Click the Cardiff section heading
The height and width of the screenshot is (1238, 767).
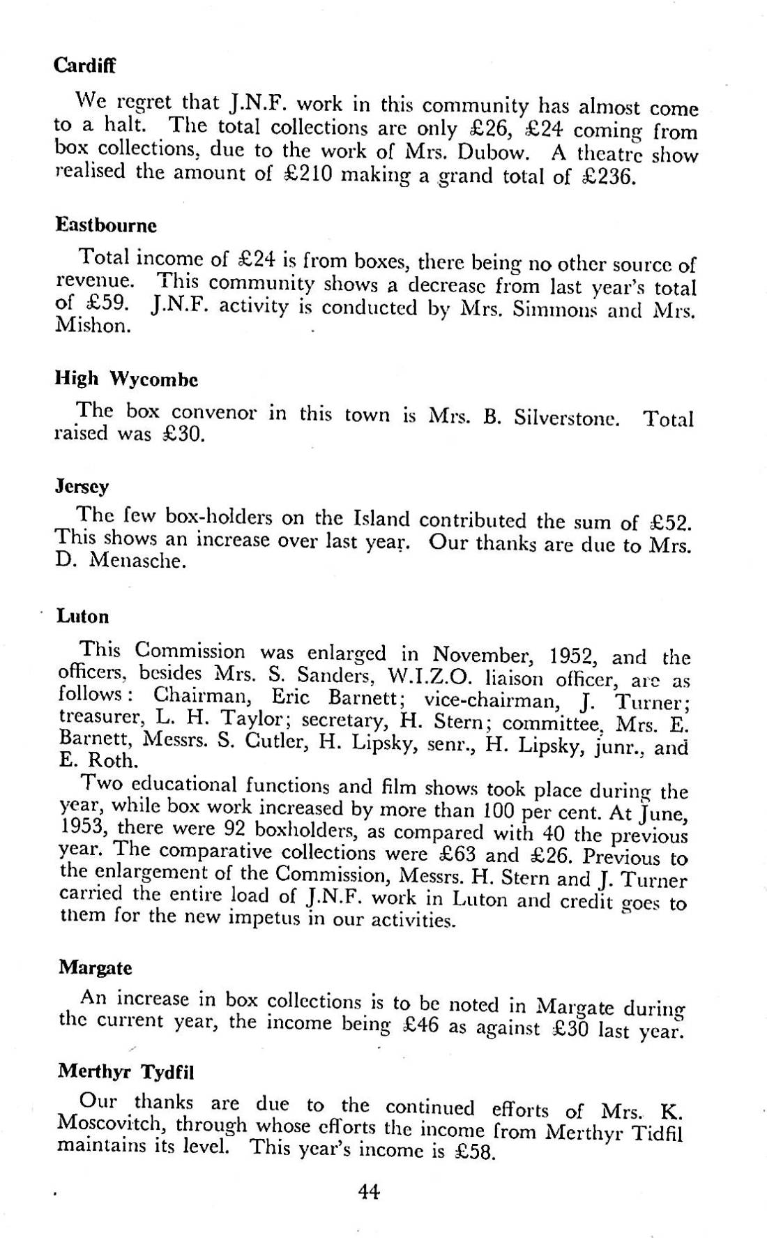tap(84, 66)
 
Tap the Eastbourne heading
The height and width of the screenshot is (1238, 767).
tap(106, 225)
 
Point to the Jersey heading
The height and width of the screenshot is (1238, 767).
tap(82, 486)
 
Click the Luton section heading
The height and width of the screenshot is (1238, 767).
tap(83, 617)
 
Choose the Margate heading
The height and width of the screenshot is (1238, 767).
tap(95, 968)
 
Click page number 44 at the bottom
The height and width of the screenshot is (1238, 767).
tap(368, 1192)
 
